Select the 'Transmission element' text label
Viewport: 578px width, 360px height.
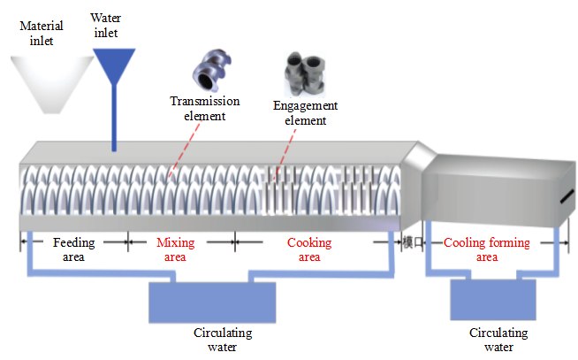pos(205,108)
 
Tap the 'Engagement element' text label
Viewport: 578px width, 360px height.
pos(305,113)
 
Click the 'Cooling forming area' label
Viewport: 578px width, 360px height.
pos(487,249)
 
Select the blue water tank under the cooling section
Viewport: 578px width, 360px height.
pos(492,300)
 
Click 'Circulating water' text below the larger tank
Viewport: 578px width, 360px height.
pos(223,340)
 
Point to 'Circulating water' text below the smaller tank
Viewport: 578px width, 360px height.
pos(498,340)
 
